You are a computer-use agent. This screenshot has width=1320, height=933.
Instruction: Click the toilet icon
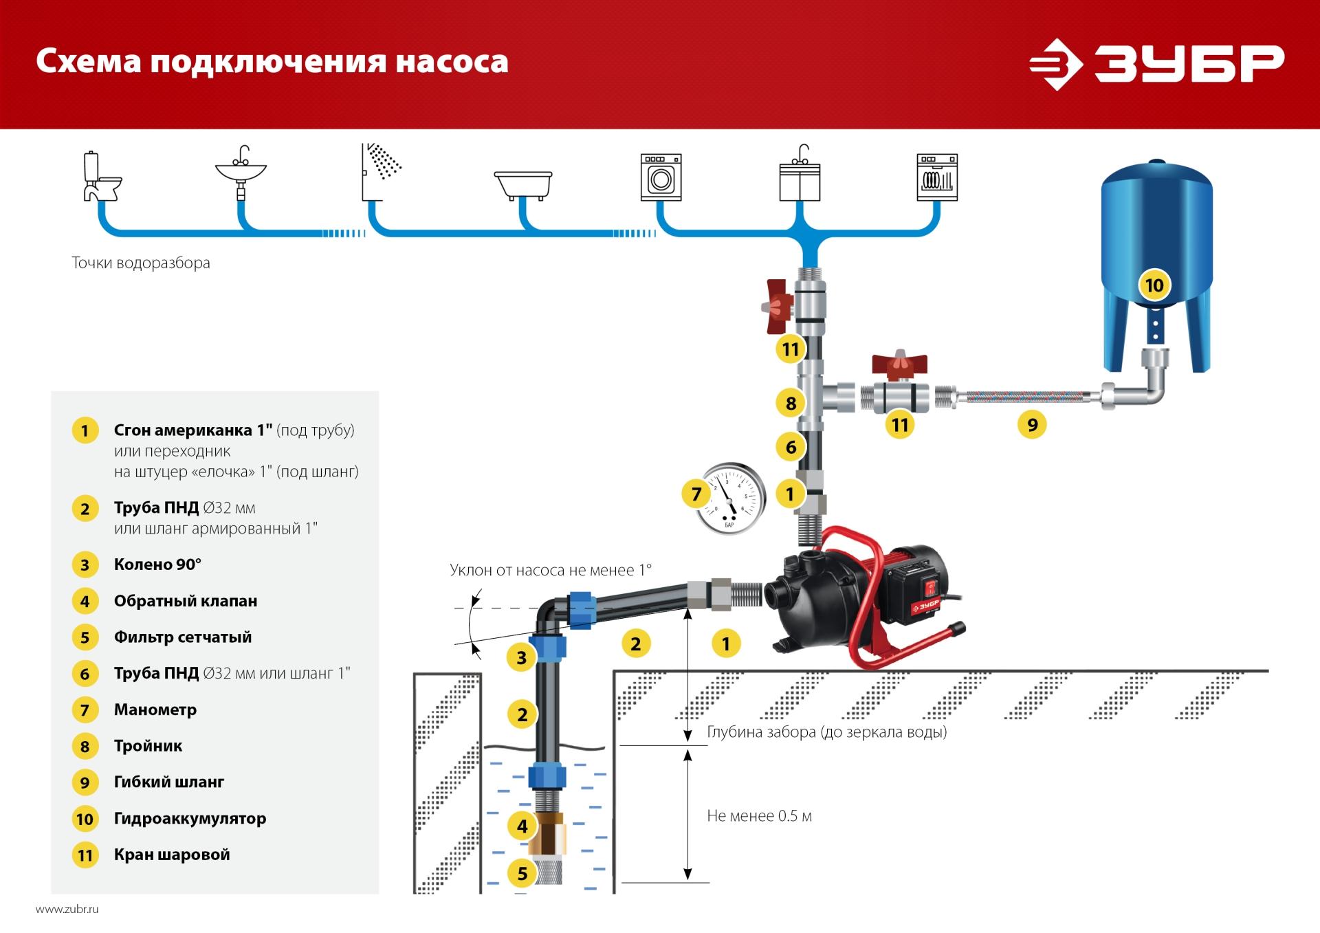[101, 176]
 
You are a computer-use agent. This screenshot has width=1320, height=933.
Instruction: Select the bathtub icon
[523, 185]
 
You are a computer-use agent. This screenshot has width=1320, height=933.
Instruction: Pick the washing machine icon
[661, 177]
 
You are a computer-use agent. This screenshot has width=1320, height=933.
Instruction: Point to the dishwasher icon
[937, 177]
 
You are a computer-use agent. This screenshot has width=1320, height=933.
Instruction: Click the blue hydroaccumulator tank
[1156, 265]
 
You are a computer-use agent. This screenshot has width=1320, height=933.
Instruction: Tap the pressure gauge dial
[729, 498]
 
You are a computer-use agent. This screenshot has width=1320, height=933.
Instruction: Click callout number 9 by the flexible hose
[1032, 424]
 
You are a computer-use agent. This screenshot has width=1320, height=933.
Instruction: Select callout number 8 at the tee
[791, 403]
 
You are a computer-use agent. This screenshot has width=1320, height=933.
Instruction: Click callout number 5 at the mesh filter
[522, 873]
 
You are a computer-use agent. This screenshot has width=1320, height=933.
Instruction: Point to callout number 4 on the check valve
[522, 826]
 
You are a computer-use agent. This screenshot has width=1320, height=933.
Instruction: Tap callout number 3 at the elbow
[521, 657]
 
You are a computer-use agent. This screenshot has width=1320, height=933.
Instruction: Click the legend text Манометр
[155, 710]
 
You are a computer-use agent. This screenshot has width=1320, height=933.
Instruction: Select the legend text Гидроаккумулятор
[190, 818]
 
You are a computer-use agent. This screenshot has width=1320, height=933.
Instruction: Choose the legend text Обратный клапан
[186, 601]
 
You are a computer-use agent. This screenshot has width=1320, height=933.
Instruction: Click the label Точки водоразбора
[141, 263]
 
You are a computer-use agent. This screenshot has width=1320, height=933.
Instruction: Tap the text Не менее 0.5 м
[759, 816]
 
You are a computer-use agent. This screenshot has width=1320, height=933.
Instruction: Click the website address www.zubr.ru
[67, 909]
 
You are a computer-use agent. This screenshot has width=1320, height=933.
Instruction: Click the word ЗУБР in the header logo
[1189, 64]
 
